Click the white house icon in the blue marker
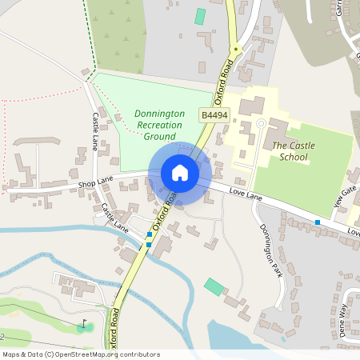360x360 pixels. (x=179, y=173)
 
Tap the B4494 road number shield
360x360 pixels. (x=214, y=116)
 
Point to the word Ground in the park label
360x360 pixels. (x=159, y=137)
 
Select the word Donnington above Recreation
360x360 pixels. (x=159, y=114)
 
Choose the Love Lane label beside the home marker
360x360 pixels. (x=246, y=194)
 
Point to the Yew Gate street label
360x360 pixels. (x=344, y=192)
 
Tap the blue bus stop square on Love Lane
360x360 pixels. (x=318, y=222)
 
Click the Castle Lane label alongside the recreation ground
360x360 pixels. (x=94, y=132)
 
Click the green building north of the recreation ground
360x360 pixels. (x=199, y=16)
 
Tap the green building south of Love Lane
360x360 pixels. (x=214, y=286)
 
